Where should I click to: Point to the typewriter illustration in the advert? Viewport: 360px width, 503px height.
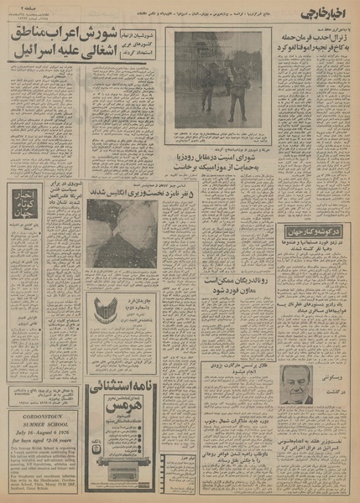109,444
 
